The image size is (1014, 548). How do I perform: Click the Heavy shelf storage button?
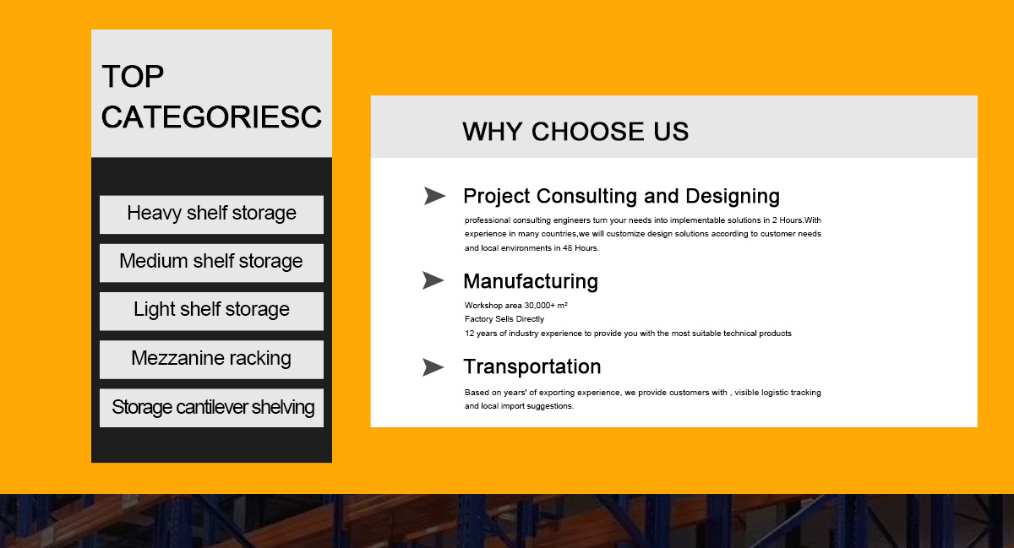click(211, 214)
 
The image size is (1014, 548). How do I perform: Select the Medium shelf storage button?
click(211, 263)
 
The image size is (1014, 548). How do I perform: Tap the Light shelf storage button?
click(211, 312)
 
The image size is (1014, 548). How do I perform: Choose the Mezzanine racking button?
click(211, 360)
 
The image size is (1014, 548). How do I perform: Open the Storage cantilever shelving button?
click(211, 408)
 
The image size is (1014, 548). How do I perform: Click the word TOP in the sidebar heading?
click(133, 77)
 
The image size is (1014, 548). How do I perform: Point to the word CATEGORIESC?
click(211, 117)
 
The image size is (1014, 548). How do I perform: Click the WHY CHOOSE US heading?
click(575, 132)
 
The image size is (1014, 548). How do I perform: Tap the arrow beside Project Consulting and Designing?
click(434, 196)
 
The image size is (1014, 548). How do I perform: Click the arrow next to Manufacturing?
click(433, 280)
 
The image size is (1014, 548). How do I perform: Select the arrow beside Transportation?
click(433, 367)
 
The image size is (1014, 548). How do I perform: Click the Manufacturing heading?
click(531, 281)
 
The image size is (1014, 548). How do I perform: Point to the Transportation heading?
click(532, 366)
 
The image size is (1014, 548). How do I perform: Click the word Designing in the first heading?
click(733, 197)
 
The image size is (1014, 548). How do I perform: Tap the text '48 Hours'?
click(581, 248)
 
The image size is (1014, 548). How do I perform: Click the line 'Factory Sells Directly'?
click(504, 319)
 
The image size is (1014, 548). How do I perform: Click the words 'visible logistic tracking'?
click(777, 393)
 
